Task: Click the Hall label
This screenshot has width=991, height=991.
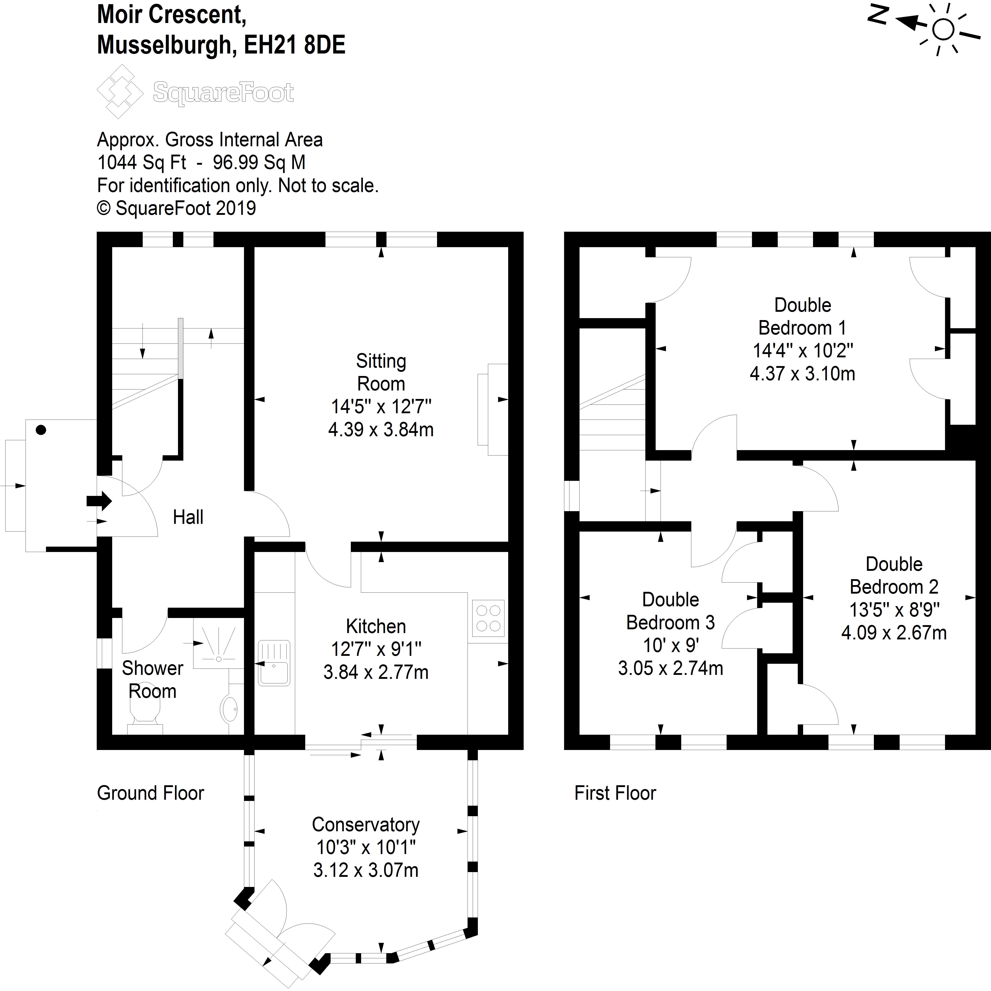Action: point(188,517)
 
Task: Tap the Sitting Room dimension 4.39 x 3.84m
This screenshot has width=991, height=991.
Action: point(381,429)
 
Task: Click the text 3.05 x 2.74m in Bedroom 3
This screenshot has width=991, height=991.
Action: point(671,668)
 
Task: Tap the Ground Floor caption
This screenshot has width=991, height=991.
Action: point(150,793)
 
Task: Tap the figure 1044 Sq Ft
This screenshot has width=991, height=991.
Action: point(142,163)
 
